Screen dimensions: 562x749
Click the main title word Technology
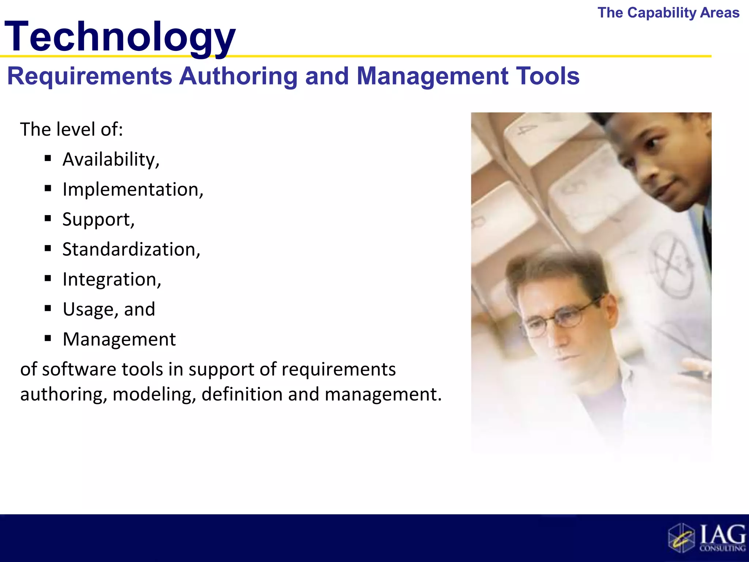click(x=120, y=37)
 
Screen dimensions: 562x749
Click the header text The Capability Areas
click(x=668, y=13)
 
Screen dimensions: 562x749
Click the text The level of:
click(x=71, y=130)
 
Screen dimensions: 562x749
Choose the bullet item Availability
click(x=111, y=160)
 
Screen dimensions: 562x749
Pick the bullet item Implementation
click(x=132, y=190)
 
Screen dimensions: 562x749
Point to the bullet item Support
click(x=98, y=220)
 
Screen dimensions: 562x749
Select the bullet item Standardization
click(x=131, y=250)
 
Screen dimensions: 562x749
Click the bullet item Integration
click(x=112, y=280)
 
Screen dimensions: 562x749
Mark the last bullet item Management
click(x=119, y=340)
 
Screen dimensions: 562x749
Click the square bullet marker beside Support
click(x=48, y=219)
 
